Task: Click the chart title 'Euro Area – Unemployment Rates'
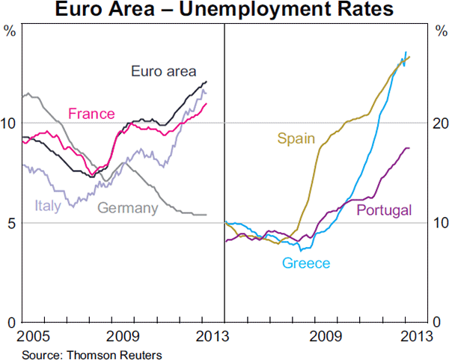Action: [x=224, y=10]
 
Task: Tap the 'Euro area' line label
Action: [x=163, y=72]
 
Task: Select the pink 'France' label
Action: [x=91, y=114]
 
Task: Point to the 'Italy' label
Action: [x=48, y=206]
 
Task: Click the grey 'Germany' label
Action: [x=128, y=208]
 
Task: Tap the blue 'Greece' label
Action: [x=305, y=263]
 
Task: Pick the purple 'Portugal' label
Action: [x=385, y=210]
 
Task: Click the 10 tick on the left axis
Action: [x=10, y=123]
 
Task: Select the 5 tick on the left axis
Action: [x=10, y=223]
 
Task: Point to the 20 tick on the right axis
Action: [x=438, y=123]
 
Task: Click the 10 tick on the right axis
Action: [x=438, y=223]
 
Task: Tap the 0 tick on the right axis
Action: [x=438, y=323]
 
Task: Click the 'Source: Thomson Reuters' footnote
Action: [x=92, y=353]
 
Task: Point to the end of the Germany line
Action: [x=207, y=215]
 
